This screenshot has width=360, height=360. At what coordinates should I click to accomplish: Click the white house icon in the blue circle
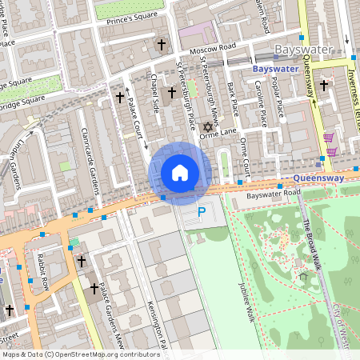pyautogui.click(x=180, y=173)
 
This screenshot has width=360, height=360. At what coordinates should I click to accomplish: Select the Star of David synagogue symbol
pyautogui.click(x=209, y=127)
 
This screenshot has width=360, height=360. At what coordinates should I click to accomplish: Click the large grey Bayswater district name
pyautogui.click(x=303, y=50)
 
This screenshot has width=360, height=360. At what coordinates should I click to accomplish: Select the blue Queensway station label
pyautogui.click(x=318, y=178)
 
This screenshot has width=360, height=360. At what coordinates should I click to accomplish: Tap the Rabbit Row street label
pyautogui.click(x=43, y=271)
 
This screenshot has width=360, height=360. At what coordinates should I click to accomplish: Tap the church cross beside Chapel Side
pyautogui.click(x=171, y=94)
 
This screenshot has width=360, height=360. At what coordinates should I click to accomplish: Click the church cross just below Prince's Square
pyautogui.click(x=162, y=45)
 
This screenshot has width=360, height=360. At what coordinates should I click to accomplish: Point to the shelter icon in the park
pyautogui.click(x=303, y=277)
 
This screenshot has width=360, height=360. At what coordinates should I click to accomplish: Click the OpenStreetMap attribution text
pyautogui.click(x=80, y=354)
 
